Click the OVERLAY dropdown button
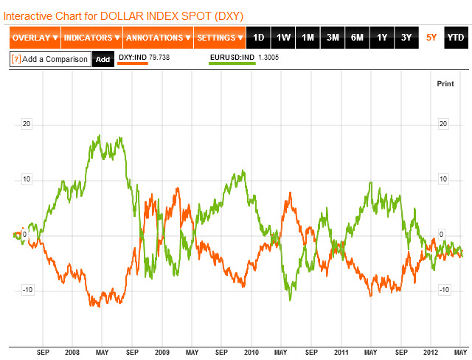point(35,38)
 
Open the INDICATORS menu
point(91,38)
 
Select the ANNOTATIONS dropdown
point(157,38)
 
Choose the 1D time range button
point(258,38)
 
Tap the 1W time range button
point(283,38)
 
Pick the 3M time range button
point(333,38)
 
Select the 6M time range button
point(357,38)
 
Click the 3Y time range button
point(406,38)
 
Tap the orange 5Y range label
point(431,38)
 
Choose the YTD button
point(455,38)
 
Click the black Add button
point(103,59)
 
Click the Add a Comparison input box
point(50,59)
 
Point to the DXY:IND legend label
point(133,56)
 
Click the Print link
point(445,83)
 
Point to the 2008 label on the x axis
point(72,353)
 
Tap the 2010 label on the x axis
point(252,353)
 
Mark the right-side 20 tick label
point(444,124)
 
